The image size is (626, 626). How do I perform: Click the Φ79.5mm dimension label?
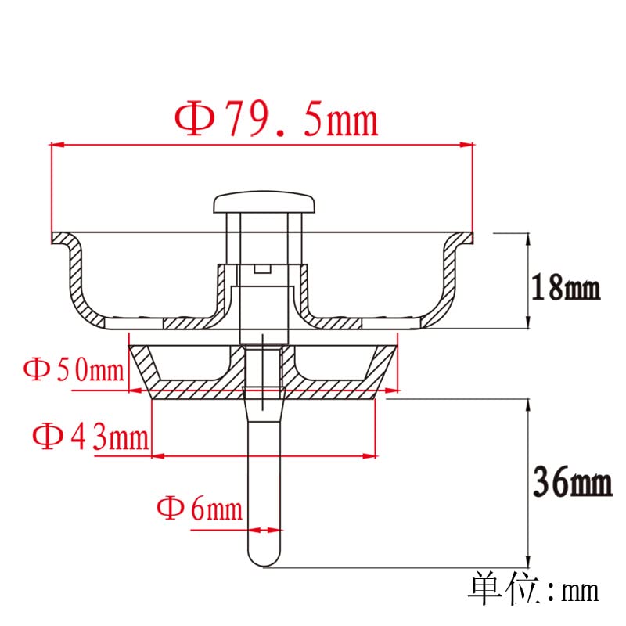(x=276, y=120)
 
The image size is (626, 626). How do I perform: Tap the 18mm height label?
(x=566, y=287)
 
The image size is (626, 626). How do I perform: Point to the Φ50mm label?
(x=74, y=369)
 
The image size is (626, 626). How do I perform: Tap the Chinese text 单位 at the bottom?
(x=505, y=589)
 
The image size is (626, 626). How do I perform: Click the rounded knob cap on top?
(x=264, y=202)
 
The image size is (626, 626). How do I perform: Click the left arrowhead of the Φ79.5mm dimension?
(x=57, y=145)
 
